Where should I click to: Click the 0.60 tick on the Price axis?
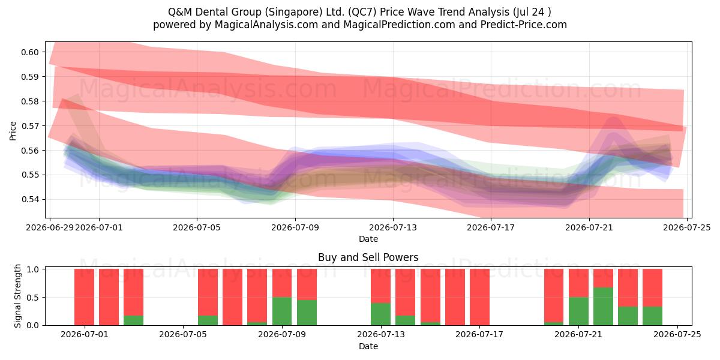[30, 52]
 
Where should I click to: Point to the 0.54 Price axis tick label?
[30, 200]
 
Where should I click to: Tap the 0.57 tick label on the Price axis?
[30, 126]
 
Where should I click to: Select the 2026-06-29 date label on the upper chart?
[50, 227]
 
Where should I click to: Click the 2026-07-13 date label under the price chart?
[393, 227]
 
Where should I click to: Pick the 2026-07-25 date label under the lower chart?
[677, 335]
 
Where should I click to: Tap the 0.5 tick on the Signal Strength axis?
[33, 298]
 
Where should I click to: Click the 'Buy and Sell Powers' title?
[368, 257]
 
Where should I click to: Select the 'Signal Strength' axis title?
[17, 296]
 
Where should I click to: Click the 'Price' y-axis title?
[13, 131]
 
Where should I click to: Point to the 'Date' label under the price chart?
[368, 239]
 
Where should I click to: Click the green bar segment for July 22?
[603, 307]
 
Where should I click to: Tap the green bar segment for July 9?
[282, 311]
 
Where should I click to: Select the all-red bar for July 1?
[84, 297]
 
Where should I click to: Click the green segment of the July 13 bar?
[380, 314]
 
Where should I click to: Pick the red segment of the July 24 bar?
[653, 287]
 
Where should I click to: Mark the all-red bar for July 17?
[479, 297]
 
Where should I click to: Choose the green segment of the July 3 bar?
[133, 320]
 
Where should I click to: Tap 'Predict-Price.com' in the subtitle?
[524, 25]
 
